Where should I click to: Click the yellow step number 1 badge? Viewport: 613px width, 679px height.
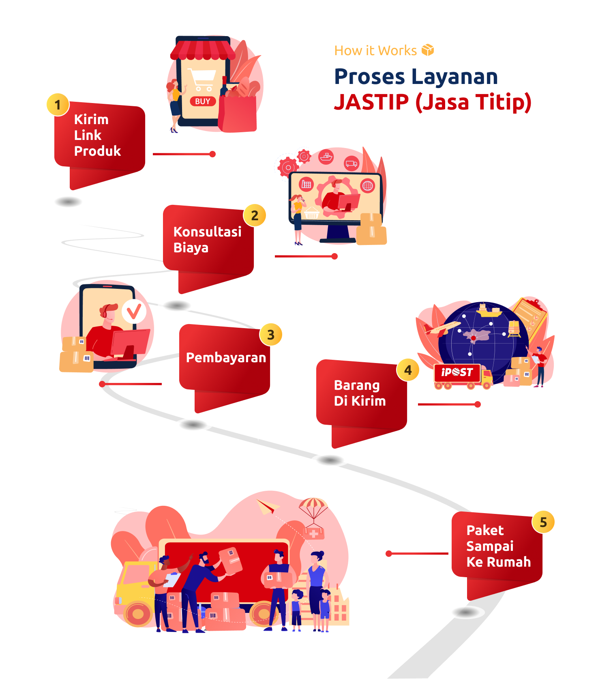58,105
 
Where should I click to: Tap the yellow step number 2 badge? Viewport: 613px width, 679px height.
255,215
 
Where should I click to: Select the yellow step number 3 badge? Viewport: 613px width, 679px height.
271,335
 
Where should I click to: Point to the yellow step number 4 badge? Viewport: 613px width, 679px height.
408,370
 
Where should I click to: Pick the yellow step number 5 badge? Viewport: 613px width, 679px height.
543,522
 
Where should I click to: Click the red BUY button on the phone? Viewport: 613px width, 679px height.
203,101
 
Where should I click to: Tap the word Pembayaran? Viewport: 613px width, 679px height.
226,358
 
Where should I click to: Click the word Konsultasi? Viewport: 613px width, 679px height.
207,232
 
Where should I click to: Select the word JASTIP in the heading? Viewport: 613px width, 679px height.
371,102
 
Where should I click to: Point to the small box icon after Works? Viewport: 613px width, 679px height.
428,50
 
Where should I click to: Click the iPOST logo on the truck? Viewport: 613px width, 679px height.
457,372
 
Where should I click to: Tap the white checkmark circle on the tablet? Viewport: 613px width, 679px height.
134,312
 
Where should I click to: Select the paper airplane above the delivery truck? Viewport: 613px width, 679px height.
267,507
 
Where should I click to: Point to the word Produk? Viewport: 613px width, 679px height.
97,151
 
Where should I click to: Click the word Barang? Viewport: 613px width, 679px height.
357,385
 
